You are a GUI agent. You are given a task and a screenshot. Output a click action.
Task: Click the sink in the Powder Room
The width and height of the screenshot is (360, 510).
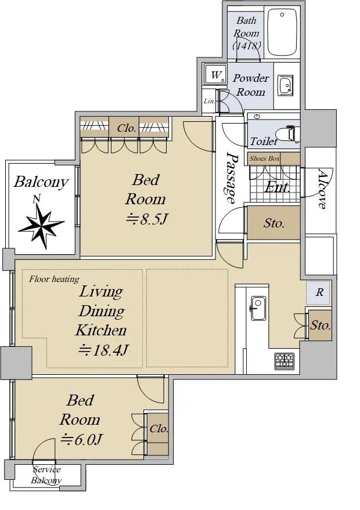[x=285, y=85]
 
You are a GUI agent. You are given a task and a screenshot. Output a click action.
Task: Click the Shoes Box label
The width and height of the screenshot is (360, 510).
[x=264, y=158]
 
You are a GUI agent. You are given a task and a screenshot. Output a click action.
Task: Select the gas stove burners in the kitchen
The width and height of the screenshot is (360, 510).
[x=284, y=360]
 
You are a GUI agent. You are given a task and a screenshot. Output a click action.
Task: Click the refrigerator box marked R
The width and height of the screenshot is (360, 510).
[x=319, y=293]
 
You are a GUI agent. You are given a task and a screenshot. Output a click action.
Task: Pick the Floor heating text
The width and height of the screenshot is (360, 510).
[x=54, y=279]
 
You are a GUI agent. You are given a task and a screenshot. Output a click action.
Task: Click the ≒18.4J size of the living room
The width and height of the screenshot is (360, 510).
[x=103, y=350]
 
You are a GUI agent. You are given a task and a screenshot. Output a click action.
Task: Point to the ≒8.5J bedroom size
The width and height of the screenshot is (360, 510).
[x=147, y=219]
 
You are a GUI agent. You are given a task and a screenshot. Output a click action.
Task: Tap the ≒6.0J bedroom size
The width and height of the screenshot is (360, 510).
[x=81, y=439]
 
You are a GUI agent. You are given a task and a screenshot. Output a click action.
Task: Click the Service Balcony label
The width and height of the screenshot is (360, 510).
[x=46, y=475]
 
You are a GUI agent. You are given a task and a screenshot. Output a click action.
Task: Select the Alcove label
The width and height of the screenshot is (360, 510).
[x=321, y=189]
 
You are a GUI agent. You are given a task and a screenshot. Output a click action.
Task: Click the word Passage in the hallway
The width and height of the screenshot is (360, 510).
[x=231, y=178]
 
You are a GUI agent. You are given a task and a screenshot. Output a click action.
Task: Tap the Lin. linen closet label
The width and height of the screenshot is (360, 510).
[x=209, y=101]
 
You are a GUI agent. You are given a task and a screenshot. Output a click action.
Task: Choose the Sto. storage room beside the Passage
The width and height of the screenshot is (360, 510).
[x=273, y=223]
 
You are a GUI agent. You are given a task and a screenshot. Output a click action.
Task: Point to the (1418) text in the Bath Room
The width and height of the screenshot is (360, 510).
[x=246, y=45]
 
